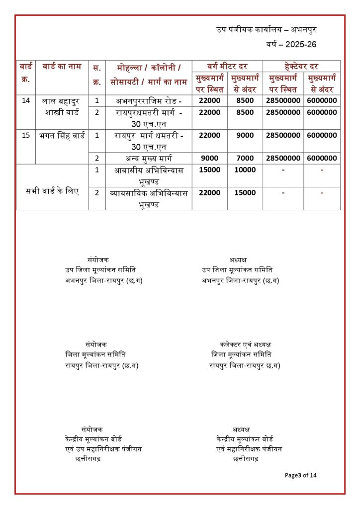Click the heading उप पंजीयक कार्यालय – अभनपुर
coord(266,30)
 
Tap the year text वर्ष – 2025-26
coord(291,45)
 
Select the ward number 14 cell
coord(26,100)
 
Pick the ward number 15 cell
coord(26,135)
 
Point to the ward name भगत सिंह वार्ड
coord(62,135)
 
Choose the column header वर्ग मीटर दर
coord(227,66)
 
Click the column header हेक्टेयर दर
coord(301,66)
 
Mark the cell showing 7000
coord(245,158)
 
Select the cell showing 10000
coord(245,170)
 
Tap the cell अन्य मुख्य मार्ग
coord(149,158)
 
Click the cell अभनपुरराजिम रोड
coord(149,100)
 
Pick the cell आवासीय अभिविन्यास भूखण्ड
coord(149,175)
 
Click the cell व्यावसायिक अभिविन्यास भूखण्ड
coord(149,198)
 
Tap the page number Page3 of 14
coord(301,475)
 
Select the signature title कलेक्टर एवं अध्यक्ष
coord(245,344)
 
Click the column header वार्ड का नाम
coord(62,67)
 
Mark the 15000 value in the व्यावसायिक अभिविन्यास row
coord(245,193)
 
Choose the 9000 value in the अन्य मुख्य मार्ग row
coord(209,158)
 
